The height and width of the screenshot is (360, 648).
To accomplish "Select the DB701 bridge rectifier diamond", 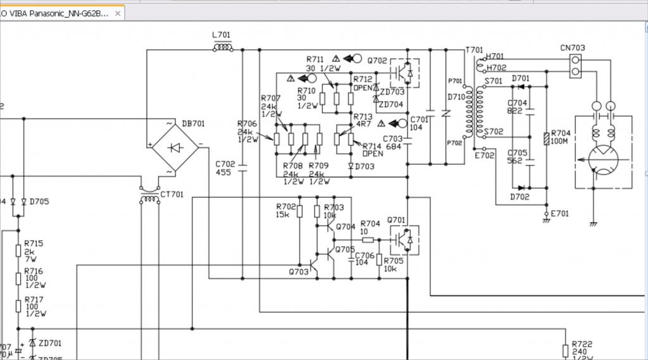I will (175, 147).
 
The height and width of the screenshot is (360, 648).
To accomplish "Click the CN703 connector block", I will (575, 66).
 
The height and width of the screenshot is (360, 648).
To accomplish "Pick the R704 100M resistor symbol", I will (547, 140).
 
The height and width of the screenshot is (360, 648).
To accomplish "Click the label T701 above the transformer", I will (474, 50).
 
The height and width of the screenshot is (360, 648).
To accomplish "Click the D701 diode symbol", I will (521, 86).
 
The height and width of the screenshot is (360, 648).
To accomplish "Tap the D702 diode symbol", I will (521, 187).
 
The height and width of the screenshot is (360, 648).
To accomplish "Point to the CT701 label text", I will (171, 194).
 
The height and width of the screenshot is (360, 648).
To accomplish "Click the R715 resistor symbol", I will (19, 251).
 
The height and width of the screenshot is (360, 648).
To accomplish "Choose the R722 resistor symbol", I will (565, 350).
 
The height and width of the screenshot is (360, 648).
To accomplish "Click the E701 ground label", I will (560, 214).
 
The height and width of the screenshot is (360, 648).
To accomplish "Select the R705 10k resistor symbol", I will (379, 259).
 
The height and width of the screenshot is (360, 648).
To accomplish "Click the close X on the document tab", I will (118, 13).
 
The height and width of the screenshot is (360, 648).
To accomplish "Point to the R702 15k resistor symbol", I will (300, 211).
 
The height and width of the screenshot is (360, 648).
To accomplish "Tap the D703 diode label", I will (364, 166).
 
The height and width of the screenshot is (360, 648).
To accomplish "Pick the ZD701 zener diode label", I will (50, 344).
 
